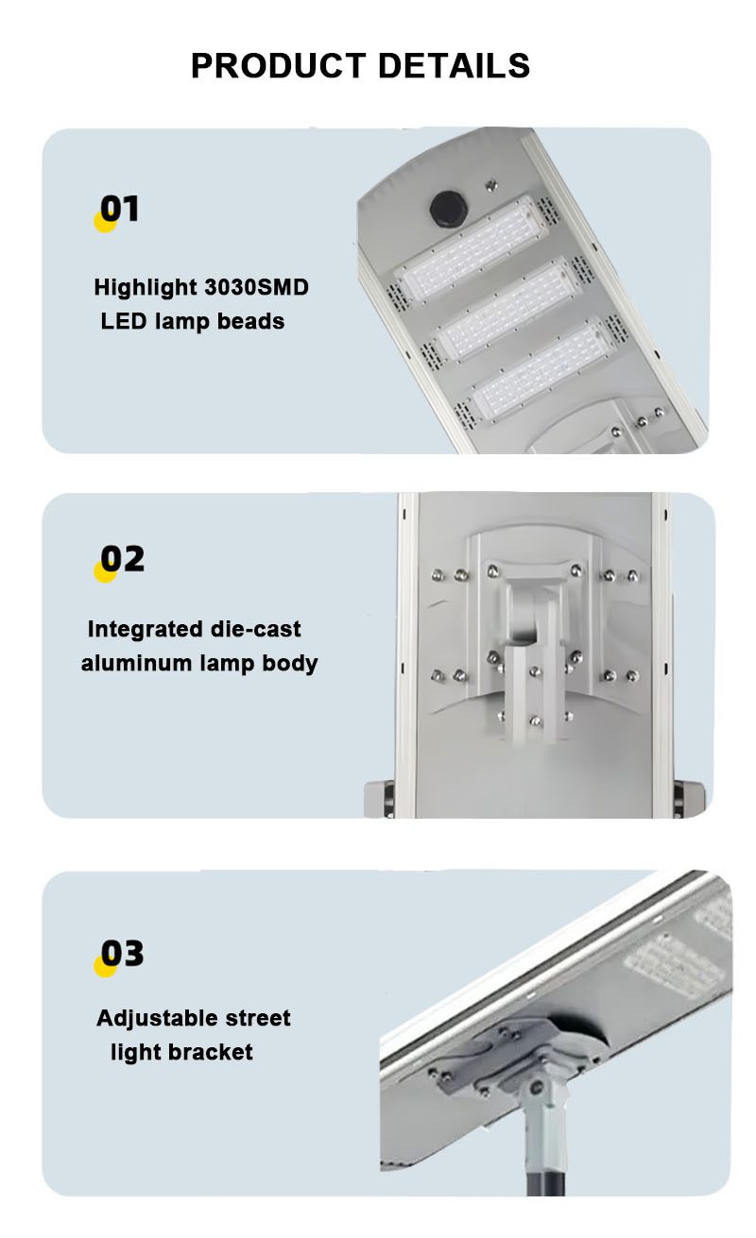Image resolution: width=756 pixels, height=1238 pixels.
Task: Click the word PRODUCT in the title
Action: [278, 65]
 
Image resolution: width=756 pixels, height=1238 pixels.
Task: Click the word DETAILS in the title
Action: [454, 65]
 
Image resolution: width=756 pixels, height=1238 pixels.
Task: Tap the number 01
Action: [119, 209]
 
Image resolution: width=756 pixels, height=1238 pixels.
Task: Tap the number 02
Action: [122, 558]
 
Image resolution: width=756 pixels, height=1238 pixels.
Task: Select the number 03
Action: [122, 953]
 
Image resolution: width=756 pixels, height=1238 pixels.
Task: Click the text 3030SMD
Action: [257, 287]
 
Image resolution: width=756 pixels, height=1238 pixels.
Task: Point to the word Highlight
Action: [146, 288]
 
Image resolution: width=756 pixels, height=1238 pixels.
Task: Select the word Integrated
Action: [146, 630]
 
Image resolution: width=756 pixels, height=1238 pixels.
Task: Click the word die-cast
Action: [255, 629]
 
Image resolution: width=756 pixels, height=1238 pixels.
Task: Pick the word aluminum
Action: [136, 663]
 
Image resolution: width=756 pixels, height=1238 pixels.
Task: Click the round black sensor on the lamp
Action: [448, 209]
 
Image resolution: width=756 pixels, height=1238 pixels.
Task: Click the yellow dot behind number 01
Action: [105, 223]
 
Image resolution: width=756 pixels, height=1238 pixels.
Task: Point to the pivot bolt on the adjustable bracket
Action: [536, 1088]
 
